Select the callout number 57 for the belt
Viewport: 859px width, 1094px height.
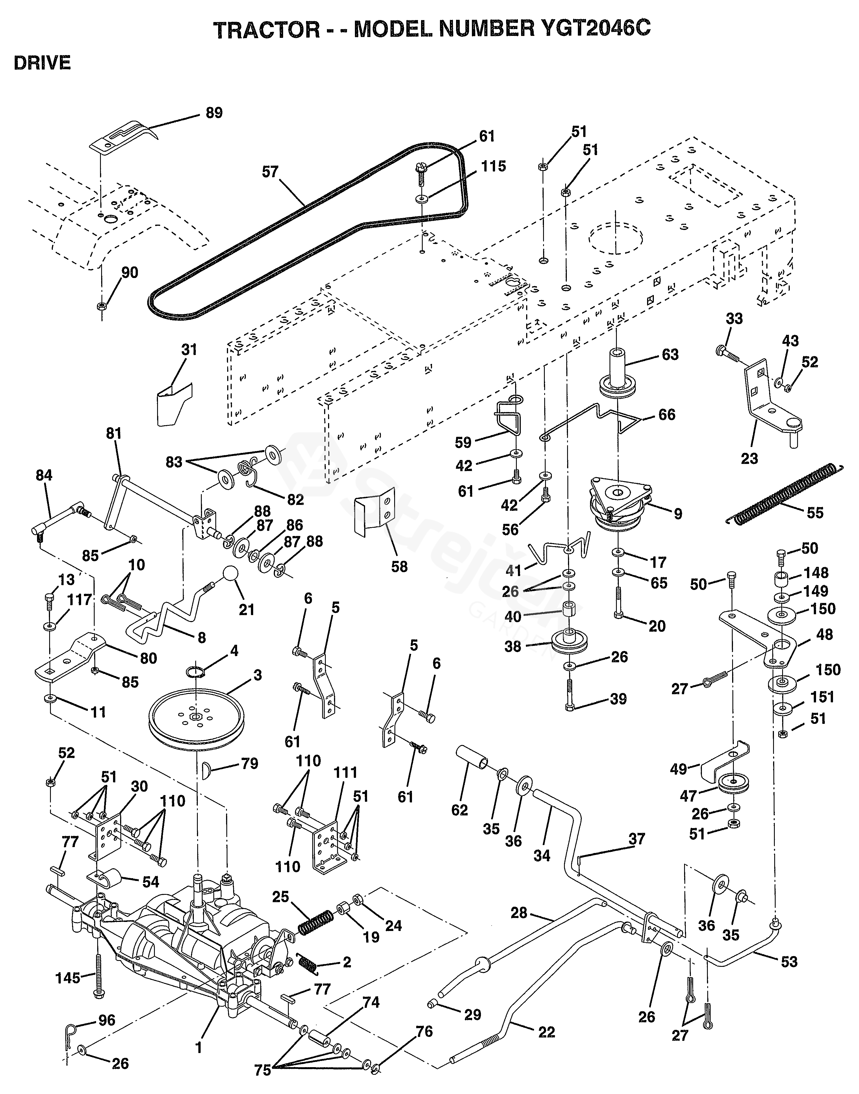(270, 172)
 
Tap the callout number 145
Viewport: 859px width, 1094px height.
(68, 978)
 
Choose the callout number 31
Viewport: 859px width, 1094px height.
(189, 350)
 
